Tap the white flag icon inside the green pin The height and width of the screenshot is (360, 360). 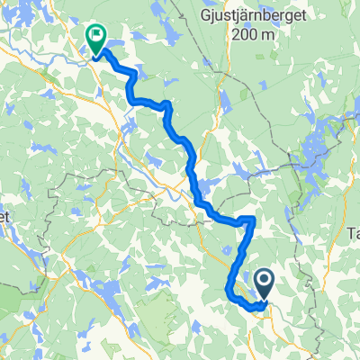pyautogui.click(x=95, y=35)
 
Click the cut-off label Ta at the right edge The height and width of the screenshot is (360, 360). pyautogui.click(x=352, y=233)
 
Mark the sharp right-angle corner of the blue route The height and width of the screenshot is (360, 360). pyautogui.click(x=254, y=220)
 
